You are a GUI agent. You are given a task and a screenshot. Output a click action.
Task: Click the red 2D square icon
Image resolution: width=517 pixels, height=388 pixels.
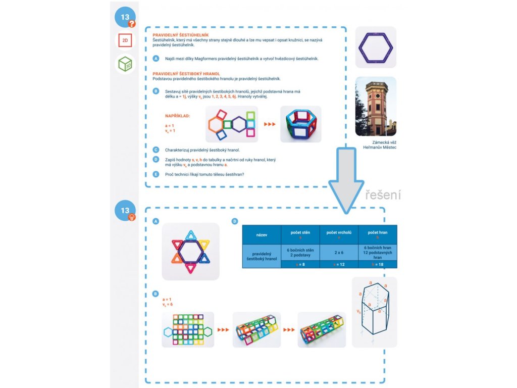(125, 41)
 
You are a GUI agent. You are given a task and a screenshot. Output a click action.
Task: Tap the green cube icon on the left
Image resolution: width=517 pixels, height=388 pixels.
(125, 64)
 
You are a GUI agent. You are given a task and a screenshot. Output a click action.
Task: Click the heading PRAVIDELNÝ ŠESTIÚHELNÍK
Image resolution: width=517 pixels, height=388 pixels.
(174, 35)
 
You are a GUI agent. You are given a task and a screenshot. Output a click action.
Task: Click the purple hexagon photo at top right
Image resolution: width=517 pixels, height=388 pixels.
(376, 47)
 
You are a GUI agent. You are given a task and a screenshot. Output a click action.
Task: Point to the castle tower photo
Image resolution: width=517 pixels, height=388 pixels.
(376, 107)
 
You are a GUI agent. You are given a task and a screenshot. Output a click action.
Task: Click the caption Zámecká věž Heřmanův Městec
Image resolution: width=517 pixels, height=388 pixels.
(377, 145)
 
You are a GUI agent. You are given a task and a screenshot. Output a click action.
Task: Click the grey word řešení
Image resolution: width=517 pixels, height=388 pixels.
(383, 195)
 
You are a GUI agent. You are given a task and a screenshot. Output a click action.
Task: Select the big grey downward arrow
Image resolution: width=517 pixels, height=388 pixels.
(346, 177)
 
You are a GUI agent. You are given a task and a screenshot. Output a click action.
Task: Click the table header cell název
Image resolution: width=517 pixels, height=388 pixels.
(262, 235)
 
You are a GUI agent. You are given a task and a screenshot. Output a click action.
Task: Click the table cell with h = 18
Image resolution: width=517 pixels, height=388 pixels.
(378, 264)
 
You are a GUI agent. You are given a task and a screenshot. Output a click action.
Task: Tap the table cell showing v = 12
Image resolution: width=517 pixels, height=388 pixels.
(339, 264)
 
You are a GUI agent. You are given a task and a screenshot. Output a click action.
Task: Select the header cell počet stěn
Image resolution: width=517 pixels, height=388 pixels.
(300, 235)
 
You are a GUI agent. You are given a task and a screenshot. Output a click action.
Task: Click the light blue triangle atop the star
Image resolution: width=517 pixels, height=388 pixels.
(191, 235)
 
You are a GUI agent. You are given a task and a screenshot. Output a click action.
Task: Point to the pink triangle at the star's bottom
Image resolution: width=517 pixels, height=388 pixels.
(191, 268)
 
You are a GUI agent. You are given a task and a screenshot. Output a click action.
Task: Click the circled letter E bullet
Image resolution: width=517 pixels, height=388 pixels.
(156, 174)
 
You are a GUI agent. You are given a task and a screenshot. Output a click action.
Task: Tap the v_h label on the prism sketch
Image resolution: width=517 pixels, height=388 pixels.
(359, 311)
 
